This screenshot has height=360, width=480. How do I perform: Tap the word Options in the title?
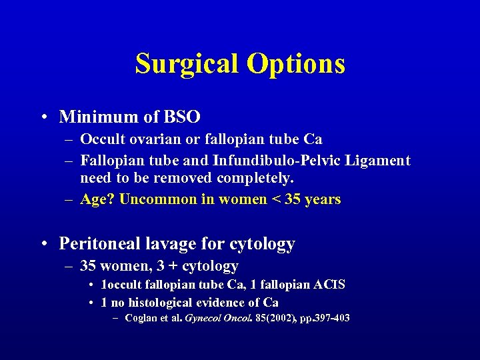pos(295,64)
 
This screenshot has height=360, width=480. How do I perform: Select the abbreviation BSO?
pos(181,117)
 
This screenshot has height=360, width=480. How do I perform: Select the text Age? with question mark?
pos(97,199)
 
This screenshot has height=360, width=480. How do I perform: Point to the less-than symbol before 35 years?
pos(275,199)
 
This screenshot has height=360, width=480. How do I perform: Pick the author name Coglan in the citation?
pos(141,318)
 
